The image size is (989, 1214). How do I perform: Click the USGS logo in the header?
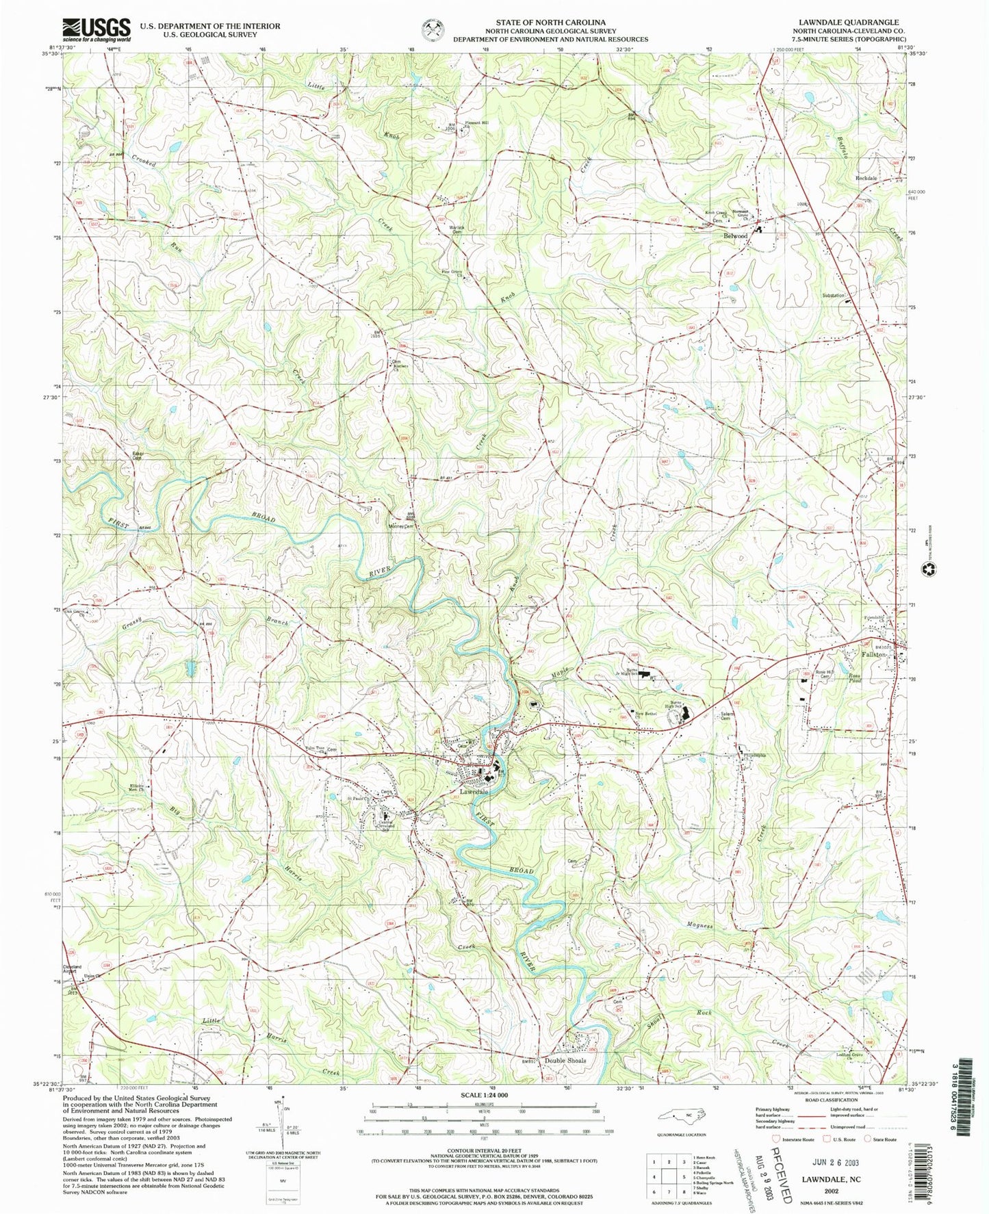(97, 29)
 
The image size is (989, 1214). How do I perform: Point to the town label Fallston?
(873, 655)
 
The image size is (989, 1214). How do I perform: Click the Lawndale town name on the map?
(474, 791)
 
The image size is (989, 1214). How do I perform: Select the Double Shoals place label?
(565, 1061)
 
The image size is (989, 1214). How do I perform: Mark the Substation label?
(834, 296)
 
